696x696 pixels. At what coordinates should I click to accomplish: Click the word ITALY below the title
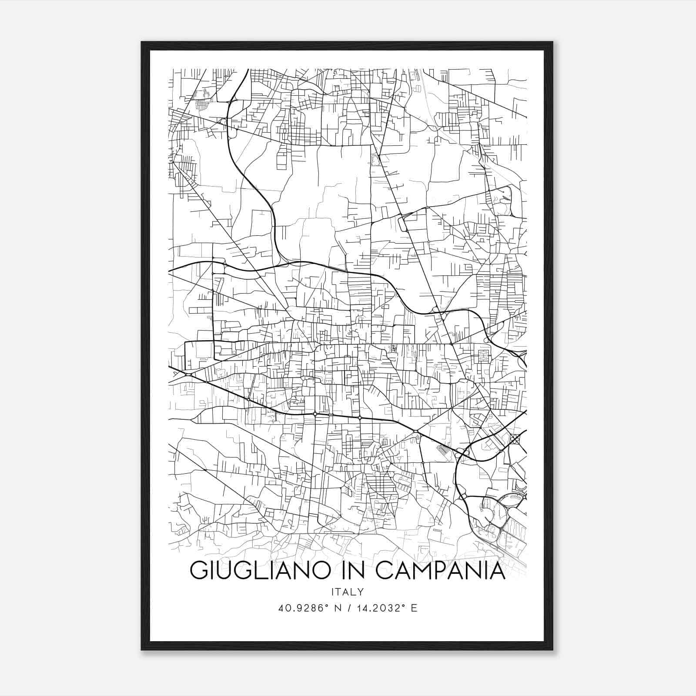coord(348,592)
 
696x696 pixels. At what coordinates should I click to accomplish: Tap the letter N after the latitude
coord(336,608)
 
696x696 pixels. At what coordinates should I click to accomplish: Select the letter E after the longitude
coord(414,608)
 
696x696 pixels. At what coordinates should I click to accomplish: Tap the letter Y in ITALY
coord(361,592)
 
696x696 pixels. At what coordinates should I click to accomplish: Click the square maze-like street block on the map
coord(483,356)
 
